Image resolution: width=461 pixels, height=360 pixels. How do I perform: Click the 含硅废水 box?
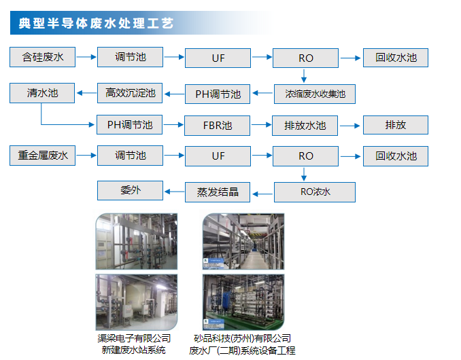point(42,57)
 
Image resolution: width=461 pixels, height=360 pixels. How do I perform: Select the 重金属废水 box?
point(42,156)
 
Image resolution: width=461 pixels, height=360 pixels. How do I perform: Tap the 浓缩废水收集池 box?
point(315,94)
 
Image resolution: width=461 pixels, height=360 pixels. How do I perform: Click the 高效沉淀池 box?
point(130,93)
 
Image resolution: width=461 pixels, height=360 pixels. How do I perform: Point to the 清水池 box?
point(42,93)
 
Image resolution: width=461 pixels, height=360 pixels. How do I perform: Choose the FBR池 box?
point(218,126)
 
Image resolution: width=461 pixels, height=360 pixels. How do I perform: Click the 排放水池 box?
point(305,126)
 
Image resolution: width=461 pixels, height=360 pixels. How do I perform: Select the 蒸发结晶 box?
point(218,192)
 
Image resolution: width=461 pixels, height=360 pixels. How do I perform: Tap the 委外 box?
point(131,190)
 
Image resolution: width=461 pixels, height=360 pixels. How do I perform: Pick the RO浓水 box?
point(315,192)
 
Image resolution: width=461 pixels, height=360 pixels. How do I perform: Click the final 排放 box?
point(396,125)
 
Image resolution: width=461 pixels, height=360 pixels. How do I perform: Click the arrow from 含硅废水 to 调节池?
point(86,57)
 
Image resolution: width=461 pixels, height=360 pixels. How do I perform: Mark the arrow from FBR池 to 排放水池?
point(261,125)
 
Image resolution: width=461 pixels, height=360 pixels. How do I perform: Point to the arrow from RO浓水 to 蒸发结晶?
point(262,194)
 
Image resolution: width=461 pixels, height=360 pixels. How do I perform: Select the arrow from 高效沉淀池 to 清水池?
point(86,93)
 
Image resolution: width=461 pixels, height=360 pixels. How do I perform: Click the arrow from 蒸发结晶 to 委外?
point(174,192)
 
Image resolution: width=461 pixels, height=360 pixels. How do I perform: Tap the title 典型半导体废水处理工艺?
point(96,23)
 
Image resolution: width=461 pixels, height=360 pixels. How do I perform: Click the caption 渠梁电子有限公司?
point(134,338)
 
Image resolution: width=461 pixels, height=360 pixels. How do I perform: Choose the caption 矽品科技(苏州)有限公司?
point(243,338)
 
